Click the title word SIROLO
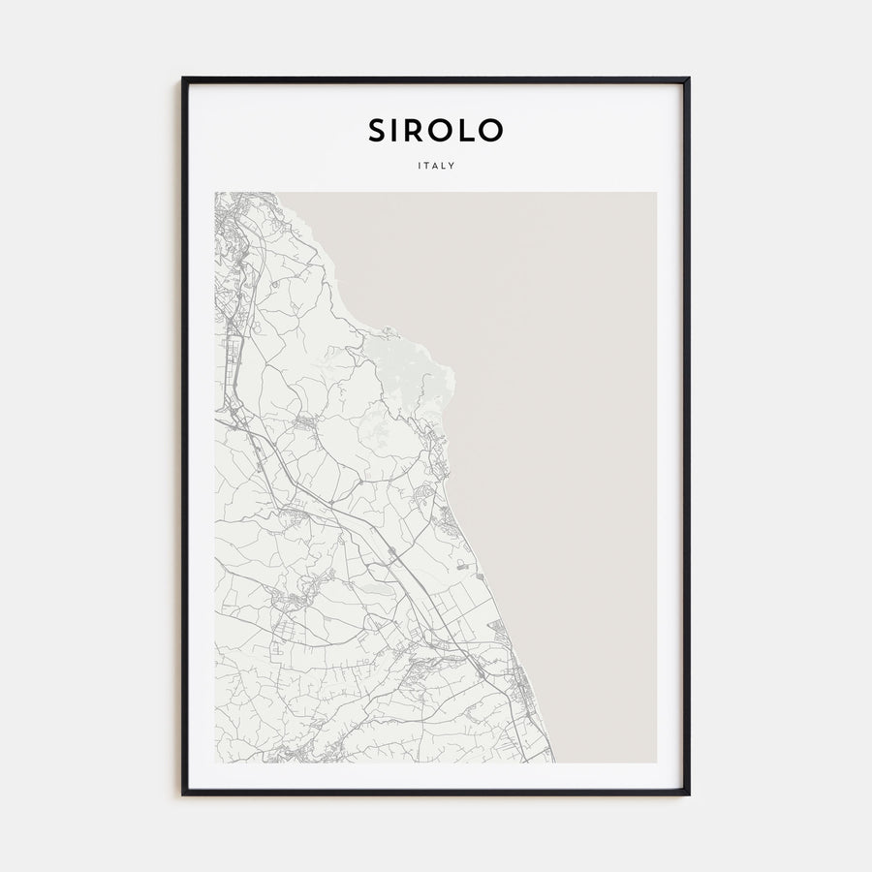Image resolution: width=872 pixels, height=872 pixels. click(x=435, y=130)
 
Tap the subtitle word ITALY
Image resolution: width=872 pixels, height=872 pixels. click(x=435, y=166)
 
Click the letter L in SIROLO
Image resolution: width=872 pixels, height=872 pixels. click(x=467, y=130)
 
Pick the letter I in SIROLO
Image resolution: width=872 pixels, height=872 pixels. click(x=395, y=130)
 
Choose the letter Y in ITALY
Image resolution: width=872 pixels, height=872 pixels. click(x=452, y=166)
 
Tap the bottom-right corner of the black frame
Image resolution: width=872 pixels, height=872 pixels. click(x=689, y=794)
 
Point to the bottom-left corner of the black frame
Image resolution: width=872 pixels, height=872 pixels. click(x=183, y=794)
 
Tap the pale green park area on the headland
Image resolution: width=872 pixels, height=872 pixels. click(x=407, y=363)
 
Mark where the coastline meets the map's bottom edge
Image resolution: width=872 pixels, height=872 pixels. click(x=554, y=762)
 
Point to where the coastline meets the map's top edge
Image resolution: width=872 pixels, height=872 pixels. click(x=279, y=193)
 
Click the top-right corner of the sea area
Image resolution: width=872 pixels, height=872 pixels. click(x=655, y=194)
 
